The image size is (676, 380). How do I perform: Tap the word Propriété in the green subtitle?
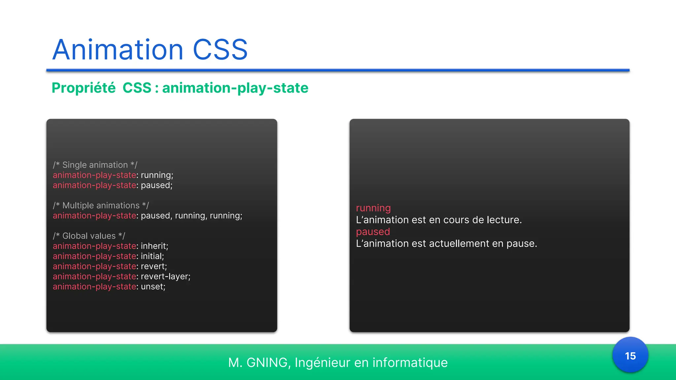(x=84, y=88)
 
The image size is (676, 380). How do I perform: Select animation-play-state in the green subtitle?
(x=235, y=88)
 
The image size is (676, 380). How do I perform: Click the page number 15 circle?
(x=630, y=356)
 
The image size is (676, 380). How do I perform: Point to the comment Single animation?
(x=95, y=165)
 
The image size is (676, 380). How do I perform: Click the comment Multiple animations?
(x=101, y=206)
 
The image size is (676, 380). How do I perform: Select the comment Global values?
(x=89, y=236)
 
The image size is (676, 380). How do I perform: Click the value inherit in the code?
(x=154, y=246)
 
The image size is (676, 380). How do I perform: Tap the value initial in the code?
(x=152, y=256)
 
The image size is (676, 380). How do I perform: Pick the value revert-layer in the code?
(x=165, y=276)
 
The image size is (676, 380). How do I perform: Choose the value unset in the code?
(x=152, y=287)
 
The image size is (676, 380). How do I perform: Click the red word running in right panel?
(x=373, y=208)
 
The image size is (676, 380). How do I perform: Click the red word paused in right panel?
(x=373, y=232)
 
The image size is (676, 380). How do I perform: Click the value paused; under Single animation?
(x=156, y=185)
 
